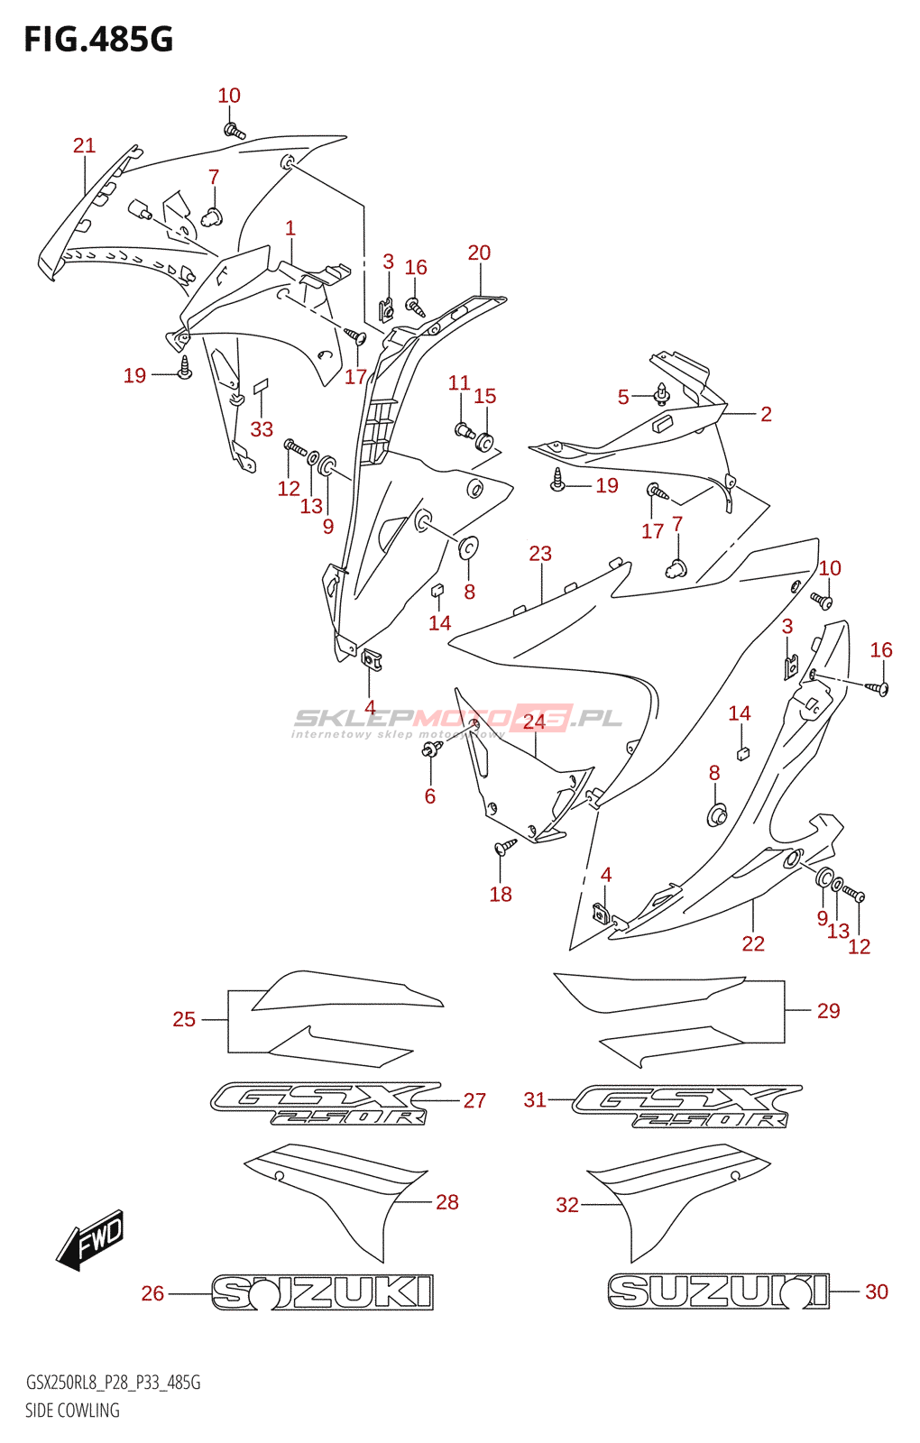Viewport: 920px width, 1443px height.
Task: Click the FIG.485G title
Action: [98, 40]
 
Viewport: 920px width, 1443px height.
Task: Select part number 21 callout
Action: [84, 145]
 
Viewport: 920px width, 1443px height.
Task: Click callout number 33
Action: [262, 429]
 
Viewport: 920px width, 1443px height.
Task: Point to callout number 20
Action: [479, 253]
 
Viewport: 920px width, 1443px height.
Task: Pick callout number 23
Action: [540, 553]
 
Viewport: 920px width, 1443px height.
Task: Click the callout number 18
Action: [501, 894]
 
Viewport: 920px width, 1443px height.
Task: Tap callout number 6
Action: [430, 795]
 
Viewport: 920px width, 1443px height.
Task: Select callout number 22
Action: [753, 943]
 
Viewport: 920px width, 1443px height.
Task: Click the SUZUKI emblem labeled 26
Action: [322, 1292]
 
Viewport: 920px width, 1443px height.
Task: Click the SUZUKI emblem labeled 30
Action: [718, 1291]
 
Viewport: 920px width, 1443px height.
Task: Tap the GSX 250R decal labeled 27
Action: [325, 1105]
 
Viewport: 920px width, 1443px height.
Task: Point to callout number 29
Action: [828, 1011]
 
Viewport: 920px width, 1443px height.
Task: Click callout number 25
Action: [184, 1019]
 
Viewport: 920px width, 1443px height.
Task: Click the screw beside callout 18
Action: [505, 847]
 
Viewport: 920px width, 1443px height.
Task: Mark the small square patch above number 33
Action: [261, 386]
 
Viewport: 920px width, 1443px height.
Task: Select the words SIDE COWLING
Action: [72, 1411]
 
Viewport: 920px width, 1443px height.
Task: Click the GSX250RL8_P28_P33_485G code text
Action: [113, 1383]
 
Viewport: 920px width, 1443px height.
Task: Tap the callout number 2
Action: [766, 414]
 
